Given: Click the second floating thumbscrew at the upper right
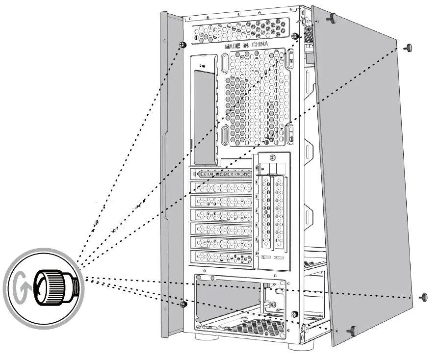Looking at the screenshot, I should coord(408,48).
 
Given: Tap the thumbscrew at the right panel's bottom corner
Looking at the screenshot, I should coord(352,331).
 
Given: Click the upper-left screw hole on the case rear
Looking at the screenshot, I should coord(182,45).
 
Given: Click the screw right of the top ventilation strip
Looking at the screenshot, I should coord(294,36).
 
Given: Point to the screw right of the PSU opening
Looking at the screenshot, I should coord(294,314).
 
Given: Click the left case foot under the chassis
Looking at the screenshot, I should coord(207,338).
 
